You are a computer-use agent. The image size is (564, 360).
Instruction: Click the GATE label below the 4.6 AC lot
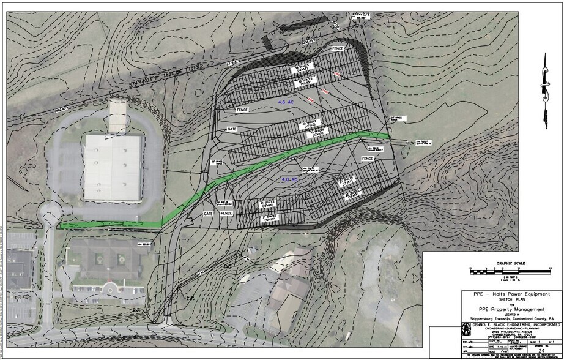click(x=232, y=130)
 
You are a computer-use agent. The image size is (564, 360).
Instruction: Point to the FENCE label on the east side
click(x=367, y=159)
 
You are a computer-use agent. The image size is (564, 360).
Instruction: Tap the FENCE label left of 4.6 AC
click(x=243, y=110)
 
